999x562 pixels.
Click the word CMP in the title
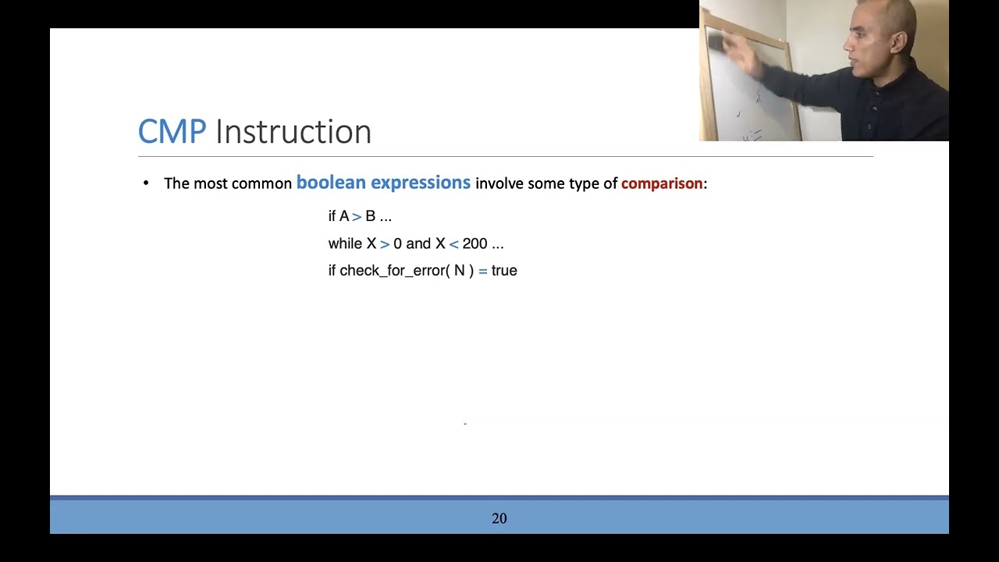(x=172, y=132)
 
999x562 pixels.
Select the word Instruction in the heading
(x=293, y=132)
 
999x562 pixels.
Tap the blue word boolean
(x=331, y=183)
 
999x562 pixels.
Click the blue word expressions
(x=421, y=183)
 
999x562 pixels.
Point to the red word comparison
(x=662, y=183)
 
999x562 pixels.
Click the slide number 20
(x=499, y=518)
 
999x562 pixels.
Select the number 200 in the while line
(x=475, y=244)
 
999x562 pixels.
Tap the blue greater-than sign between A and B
(x=357, y=216)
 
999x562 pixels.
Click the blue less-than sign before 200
(x=453, y=244)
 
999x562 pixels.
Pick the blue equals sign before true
(x=482, y=271)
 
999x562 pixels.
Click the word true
(x=504, y=271)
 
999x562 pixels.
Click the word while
(x=345, y=244)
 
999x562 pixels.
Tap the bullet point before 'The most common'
(x=146, y=183)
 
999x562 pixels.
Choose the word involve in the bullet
(x=499, y=183)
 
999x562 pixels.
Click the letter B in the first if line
(x=370, y=216)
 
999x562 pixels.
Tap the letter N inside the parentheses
(x=459, y=271)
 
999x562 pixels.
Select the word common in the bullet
(x=261, y=183)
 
